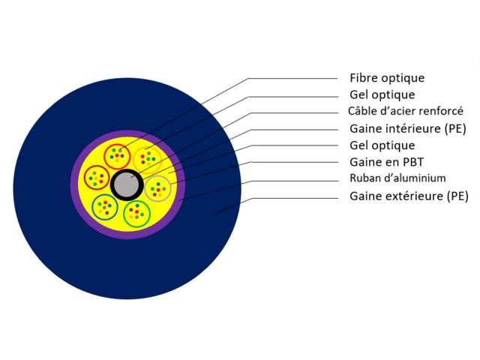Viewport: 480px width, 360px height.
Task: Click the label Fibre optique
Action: pyautogui.click(x=386, y=78)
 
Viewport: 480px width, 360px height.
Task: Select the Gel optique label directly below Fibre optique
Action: pyautogui.click(x=382, y=95)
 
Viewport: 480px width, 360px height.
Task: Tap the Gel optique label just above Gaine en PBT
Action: pyautogui.click(x=382, y=145)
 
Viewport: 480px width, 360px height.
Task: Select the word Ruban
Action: pyautogui.click(x=365, y=178)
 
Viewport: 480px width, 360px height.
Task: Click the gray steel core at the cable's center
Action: pyautogui.click(x=125, y=183)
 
